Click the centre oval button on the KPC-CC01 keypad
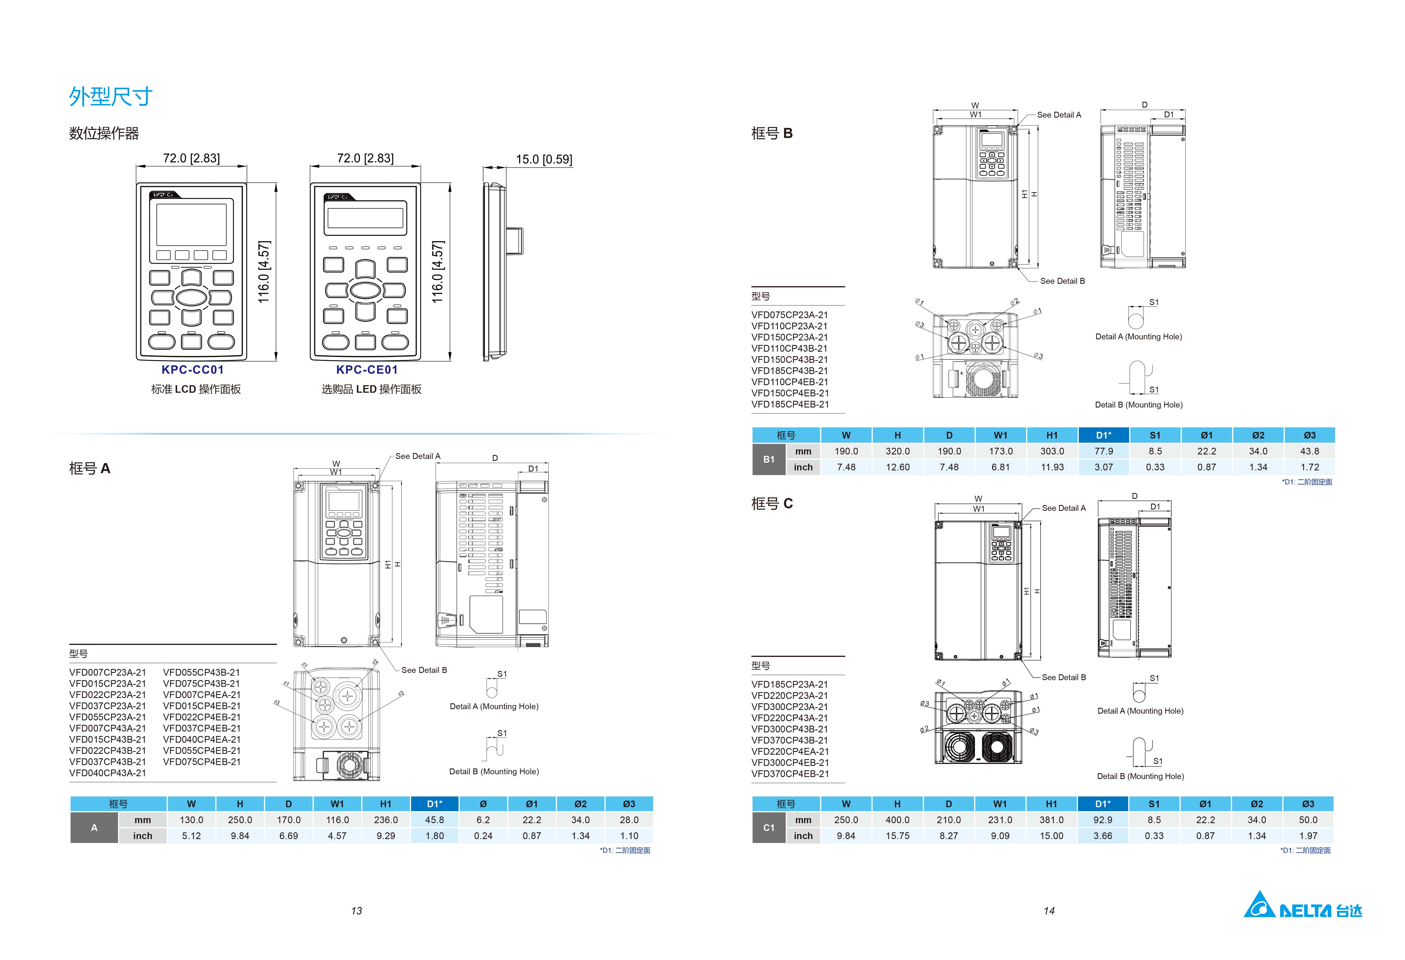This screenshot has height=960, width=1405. [192, 297]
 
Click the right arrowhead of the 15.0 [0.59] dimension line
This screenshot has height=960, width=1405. [505, 168]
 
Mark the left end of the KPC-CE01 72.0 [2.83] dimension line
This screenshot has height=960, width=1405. [310, 166]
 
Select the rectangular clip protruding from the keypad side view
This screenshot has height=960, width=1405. [514, 240]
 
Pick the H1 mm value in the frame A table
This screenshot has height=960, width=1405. [386, 820]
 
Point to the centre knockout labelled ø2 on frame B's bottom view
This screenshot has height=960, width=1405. [975, 330]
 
